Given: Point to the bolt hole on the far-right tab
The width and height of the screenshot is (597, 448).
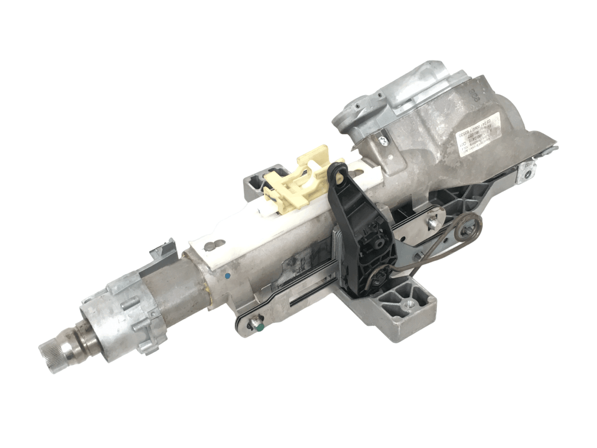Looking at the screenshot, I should point(528,173).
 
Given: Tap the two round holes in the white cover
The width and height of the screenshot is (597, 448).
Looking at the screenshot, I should point(213,243).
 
